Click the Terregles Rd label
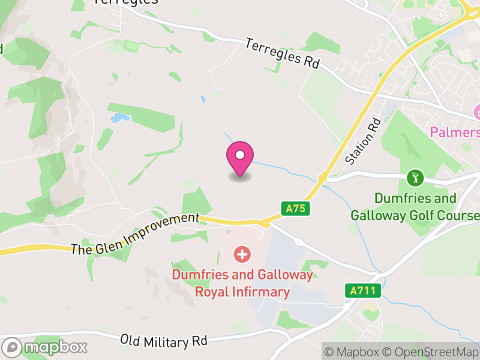(x=282, y=54)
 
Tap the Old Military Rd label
(x=163, y=340)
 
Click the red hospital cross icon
(x=242, y=254)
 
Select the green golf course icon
(x=415, y=178)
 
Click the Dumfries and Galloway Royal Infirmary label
(x=242, y=283)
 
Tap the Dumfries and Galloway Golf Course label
(x=415, y=206)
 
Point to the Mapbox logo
(x=46, y=347)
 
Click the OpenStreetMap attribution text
(x=430, y=352)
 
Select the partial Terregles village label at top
(x=126, y=2)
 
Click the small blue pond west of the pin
(x=119, y=118)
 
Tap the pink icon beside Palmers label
(x=477, y=112)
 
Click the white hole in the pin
(x=240, y=155)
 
